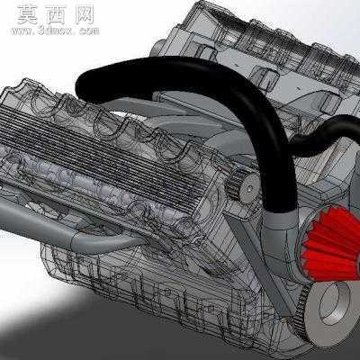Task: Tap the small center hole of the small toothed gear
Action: (x=250, y=189)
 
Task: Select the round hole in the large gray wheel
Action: (x=336, y=305)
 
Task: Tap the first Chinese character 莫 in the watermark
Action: (x=27, y=15)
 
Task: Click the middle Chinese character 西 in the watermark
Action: (x=56, y=15)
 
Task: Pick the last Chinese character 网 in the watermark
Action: (x=85, y=15)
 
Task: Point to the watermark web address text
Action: (x=55, y=31)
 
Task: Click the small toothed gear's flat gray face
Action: (x=250, y=188)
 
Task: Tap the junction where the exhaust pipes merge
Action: (x=75, y=241)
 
